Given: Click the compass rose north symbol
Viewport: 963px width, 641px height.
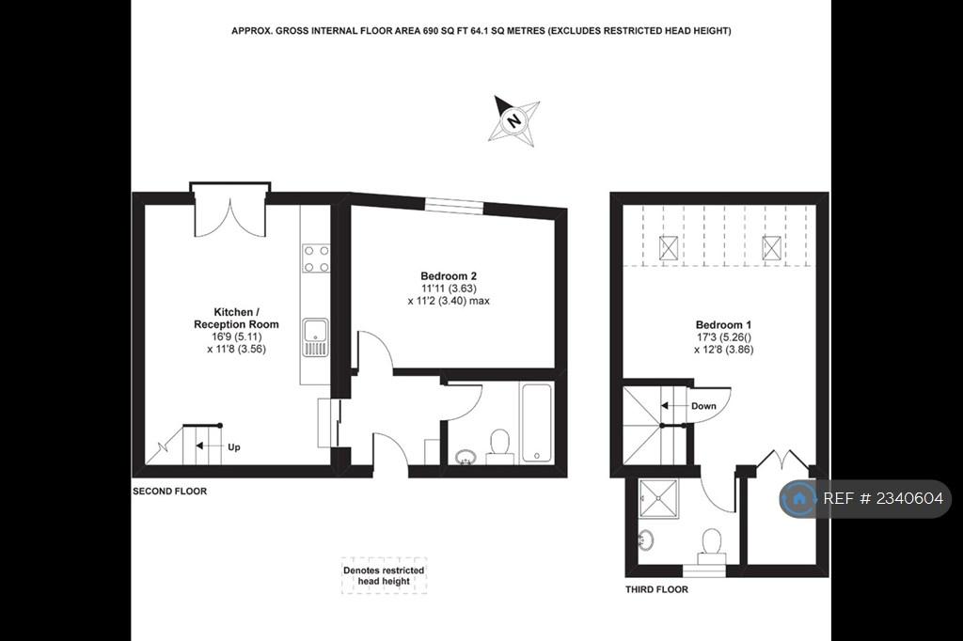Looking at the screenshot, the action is (513, 120).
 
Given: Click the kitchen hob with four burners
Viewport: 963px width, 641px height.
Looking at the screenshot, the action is (316, 258).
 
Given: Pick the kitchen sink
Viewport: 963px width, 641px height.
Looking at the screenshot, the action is (316, 337).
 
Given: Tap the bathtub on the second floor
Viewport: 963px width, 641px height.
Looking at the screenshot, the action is (537, 423).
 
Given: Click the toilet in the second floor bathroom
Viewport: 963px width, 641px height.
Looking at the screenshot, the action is (500, 446).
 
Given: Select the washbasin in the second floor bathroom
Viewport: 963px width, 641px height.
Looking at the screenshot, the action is (466, 456).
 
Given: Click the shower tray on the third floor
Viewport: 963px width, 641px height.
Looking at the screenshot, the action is (658, 499).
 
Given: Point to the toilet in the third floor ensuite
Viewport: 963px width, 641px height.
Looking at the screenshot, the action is (711, 545).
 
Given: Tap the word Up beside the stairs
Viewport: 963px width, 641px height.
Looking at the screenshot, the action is (234, 447).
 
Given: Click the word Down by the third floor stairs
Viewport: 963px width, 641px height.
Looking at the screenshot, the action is (703, 406).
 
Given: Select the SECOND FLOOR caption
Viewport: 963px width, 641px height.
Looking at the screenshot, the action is (169, 492).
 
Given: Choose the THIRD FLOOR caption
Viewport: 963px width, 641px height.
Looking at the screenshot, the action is (656, 589).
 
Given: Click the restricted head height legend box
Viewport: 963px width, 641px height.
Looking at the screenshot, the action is (384, 576).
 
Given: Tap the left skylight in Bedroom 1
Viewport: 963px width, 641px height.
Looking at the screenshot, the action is (669, 248).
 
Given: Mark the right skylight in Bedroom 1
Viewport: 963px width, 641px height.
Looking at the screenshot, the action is (771, 248).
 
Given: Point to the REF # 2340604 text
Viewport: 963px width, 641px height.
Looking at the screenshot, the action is (882, 498).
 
